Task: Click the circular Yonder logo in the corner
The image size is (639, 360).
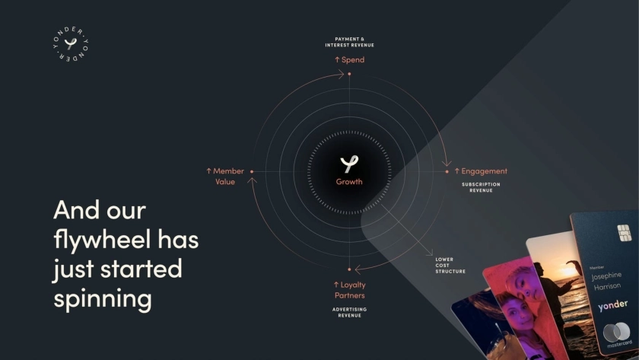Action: point(71,44)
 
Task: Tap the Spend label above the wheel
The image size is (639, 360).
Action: point(350,59)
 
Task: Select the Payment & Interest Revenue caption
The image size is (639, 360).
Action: point(350,42)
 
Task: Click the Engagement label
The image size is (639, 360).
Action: point(481,171)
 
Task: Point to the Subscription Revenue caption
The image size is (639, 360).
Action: point(481,187)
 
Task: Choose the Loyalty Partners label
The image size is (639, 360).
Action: point(350,290)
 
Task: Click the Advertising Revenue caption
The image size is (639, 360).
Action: point(350,312)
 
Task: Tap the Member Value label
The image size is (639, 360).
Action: point(225,176)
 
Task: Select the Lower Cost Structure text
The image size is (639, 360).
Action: point(450,266)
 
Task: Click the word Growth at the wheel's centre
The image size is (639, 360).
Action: point(349,182)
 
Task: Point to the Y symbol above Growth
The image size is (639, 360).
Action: point(349,164)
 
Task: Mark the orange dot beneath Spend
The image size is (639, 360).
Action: point(349,74)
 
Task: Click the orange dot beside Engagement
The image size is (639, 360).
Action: point(447,172)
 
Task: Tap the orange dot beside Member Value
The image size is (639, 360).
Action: point(252,172)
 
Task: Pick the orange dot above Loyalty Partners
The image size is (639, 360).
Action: point(349,269)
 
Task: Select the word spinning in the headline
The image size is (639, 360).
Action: point(103,299)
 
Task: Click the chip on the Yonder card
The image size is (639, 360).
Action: point(624,233)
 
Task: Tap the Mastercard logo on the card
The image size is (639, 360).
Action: point(617,332)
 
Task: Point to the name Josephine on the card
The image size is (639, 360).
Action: point(606,276)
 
